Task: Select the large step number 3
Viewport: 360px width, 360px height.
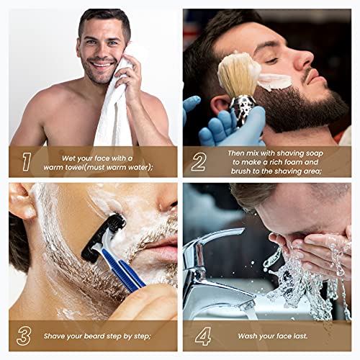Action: tap(26, 336)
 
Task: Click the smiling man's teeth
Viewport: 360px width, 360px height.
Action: tap(102, 63)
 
